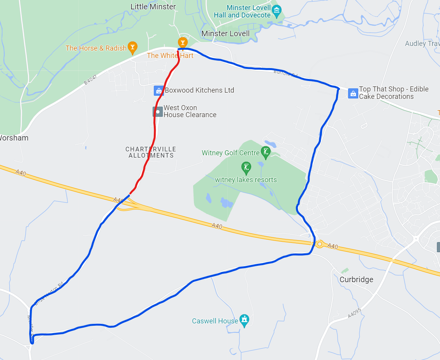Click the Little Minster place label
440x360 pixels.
coord(153,7)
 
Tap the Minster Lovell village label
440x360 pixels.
coord(225,33)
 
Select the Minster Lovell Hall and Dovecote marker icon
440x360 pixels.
coord(277,11)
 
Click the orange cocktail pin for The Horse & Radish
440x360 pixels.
coord(133,47)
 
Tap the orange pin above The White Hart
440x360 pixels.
coord(182,42)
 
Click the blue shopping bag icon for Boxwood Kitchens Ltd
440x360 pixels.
coord(158,91)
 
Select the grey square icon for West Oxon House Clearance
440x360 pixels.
coord(158,112)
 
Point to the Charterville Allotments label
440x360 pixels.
coord(151,152)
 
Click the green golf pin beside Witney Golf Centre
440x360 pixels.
coord(266,152)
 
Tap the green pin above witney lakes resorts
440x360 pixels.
coord(246,168)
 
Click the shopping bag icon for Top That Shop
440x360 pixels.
coord(353,93)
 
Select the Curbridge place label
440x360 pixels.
coord(356,279)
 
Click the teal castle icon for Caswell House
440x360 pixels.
coord(244,320)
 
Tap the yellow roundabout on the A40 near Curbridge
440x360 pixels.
coord(320,244)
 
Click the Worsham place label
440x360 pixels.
coord(14,138)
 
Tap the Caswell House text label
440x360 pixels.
coord(215,321)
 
